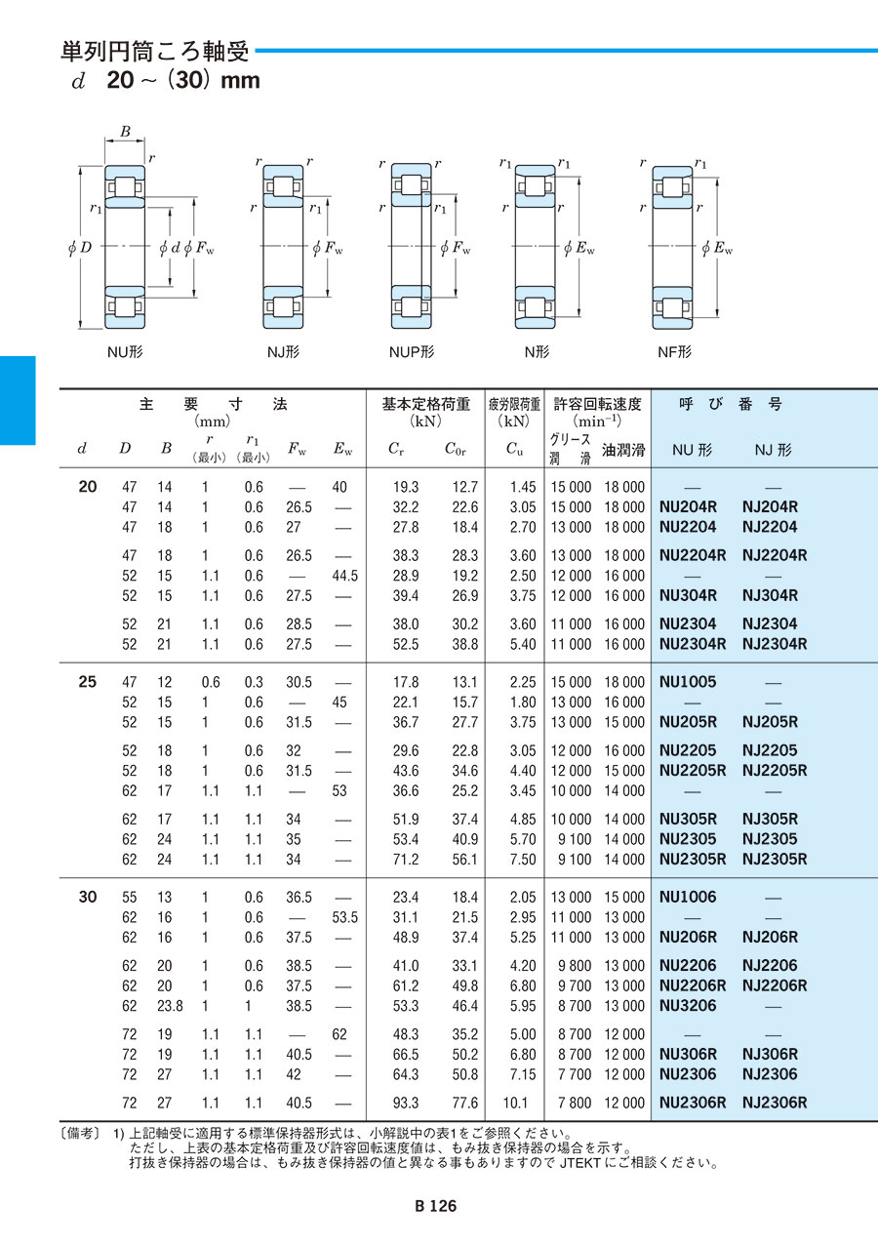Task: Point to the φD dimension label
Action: click(80, 249)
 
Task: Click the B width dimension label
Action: click(125, 132)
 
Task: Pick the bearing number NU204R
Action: click(689, 507)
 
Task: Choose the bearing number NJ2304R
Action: click(775, 644)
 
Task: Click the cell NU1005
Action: click(688, 682)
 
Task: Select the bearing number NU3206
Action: click(688, 1006)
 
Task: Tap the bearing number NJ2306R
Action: click(775, 1104)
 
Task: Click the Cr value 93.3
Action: click(405, 1104)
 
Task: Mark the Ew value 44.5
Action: click(344, 576)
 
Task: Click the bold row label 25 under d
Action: click(87, 682)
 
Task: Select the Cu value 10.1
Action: click(523, 1104)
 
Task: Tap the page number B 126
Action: click(435, 1206)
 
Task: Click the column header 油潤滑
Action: click(623, 450)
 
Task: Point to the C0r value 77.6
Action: click(461, 1104)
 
